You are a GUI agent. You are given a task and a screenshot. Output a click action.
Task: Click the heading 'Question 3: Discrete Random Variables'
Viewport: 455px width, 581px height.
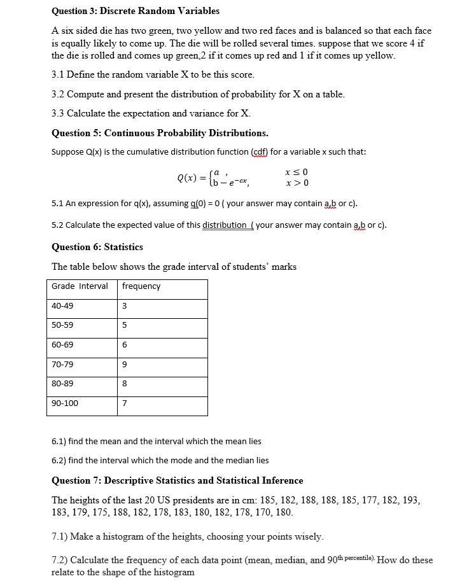coord(135,11)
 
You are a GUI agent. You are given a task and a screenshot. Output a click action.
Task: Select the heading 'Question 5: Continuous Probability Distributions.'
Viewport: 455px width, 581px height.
coord(160,133)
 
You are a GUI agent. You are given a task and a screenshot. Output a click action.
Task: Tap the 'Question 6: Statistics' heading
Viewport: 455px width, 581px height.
coord(97,247)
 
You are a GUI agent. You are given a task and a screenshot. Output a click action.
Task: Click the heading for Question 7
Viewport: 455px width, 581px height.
coord(177,480)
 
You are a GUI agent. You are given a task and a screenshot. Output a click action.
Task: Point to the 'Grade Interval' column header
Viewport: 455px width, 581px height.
coord(80,286)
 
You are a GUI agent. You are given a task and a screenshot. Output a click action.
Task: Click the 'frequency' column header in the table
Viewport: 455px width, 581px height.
coord(141,286)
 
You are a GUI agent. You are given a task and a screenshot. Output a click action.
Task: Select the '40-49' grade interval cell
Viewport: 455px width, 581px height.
coord(62,306)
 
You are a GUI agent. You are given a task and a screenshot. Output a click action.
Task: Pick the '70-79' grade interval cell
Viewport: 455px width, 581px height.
coord(62,365)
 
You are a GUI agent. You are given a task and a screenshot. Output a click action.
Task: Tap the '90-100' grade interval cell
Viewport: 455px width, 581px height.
coord(64,403)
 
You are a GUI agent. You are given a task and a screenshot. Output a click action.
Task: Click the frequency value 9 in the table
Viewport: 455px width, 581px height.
coord(125,365)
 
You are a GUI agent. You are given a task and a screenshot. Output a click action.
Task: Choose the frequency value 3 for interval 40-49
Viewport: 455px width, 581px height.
coord(125,306)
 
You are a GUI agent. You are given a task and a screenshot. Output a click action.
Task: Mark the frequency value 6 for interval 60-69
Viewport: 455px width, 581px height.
coord(125,345)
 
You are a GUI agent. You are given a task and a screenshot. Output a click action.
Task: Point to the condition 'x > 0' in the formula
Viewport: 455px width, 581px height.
coord(298,183)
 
